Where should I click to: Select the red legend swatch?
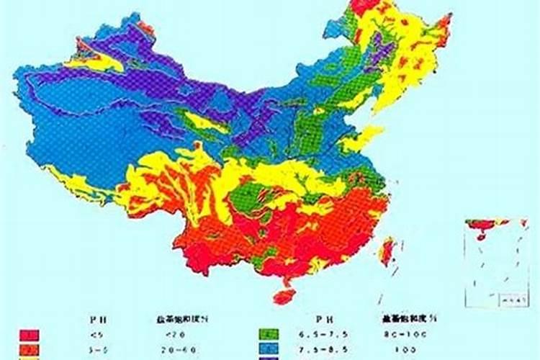coord(30,335)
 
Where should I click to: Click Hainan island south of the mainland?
coord(284,295)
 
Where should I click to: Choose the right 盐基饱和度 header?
coord(403,318)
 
